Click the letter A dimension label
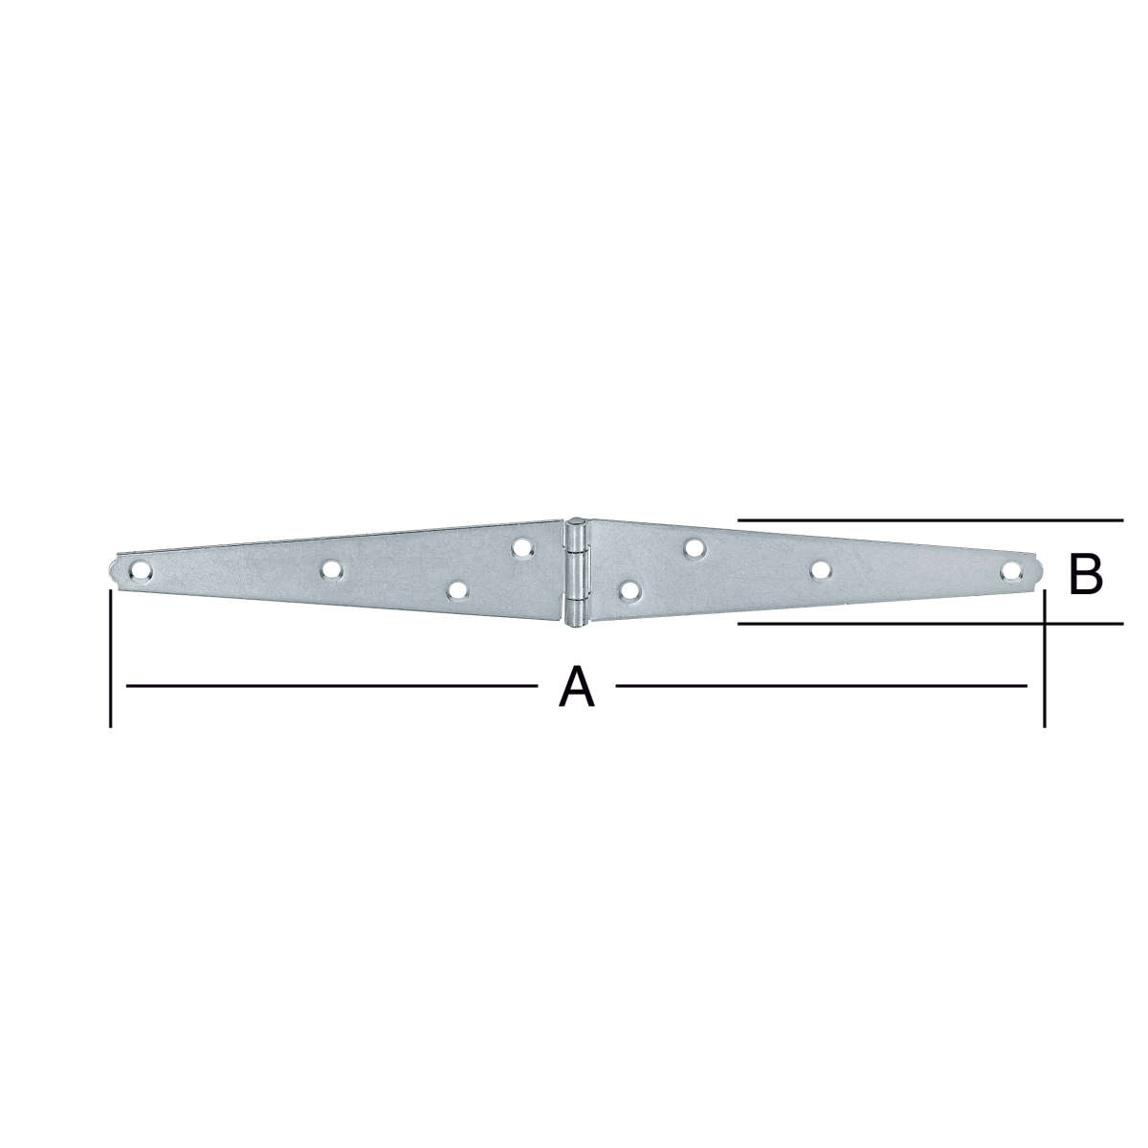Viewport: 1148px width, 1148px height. (576, 687)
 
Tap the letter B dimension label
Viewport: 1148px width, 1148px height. (1086, 575)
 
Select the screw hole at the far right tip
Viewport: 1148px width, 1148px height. (1010, 571)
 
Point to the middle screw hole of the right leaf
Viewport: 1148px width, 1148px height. (821, 570)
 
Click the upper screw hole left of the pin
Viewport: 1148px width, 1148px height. (522, 547)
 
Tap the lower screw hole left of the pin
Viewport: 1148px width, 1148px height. (457, 590)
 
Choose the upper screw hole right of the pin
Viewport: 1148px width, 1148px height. (693, 547)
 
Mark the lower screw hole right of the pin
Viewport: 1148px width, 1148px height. (629, 590)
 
